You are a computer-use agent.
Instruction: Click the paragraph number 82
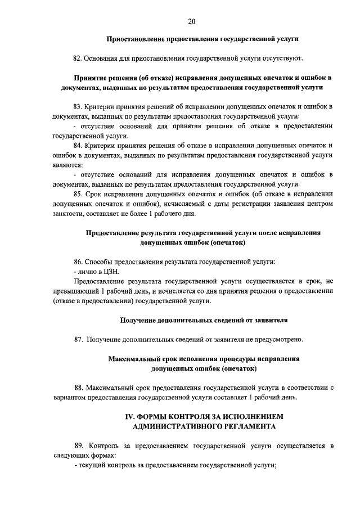pyautogui.click(x=78, y=58)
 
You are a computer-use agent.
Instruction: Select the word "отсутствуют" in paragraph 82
pyautogui.click(x=283, y=58)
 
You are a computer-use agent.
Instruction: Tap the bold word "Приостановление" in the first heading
pyautogui.click(x=135, y=39)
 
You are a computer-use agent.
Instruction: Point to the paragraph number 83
pyautogui.click(x=78, y=106)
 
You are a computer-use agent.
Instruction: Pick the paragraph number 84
pyautogui.click(x=78, y=145)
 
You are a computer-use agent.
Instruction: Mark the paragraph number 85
pyautogui.click(x=78, y=194)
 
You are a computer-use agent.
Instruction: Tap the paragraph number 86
pyautogui.click(x=78, y=262)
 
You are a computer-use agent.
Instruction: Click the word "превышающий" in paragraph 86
pyautogui.click(x=74, y=291)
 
